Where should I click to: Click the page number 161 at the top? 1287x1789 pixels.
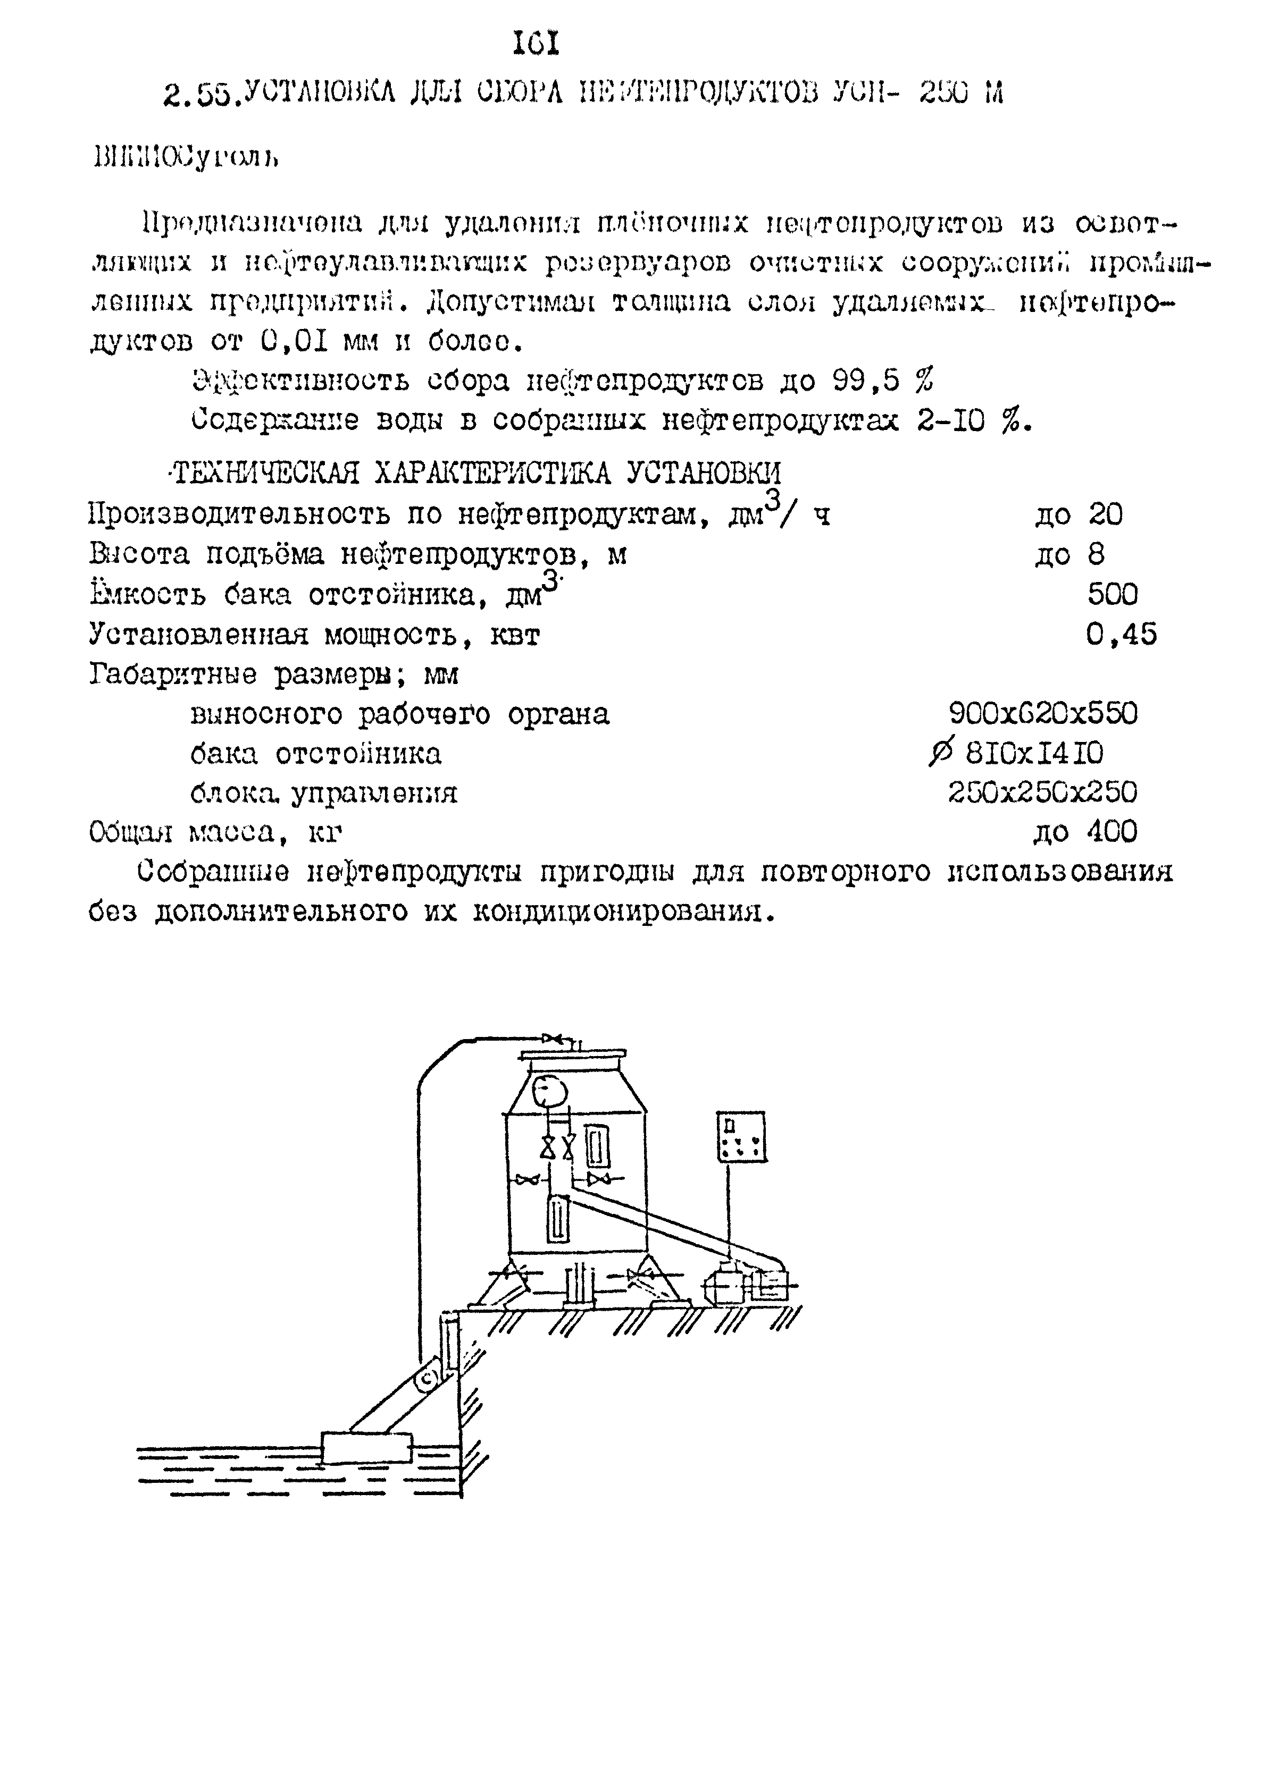coord(536,43)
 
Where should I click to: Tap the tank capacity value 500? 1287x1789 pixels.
coord(1113,594)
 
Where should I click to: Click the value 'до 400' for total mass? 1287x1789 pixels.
coord(1085,831)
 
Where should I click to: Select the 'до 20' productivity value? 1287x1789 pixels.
coord(1078,514)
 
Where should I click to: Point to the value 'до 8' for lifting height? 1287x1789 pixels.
coord(1069,554)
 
